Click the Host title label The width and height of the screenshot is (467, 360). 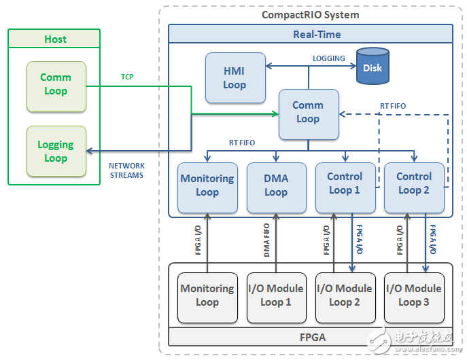pyautogui.click(x=55, y=39)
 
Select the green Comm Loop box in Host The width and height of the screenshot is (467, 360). pyautogui.click(x=56, y=85)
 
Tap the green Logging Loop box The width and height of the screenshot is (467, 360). pyautogui.click(x=56, y=151)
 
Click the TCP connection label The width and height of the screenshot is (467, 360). pyautogui.click(x=126, y=77)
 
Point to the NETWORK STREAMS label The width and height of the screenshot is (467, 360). pyautogui.click(x=126, y=170)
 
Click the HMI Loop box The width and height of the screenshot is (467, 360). pyautogui.click(x=235, y=78)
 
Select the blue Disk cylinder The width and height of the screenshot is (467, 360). pyautogui.click(x=372, y=67)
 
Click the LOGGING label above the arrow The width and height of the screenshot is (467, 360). pyautogui.click(x=328, y=59)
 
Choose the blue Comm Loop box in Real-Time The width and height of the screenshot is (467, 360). pyautogui.click(x=308, y=112)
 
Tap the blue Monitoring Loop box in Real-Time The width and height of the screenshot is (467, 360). pyautogui.click(x=207, y=185)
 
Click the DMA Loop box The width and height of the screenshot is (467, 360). pyautogui.click(x=276, y=185)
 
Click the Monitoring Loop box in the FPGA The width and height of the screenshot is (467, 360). pyautogui.click(x=207, y=295)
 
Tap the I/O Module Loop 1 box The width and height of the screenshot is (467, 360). pyautogui.click(x=276, y=295)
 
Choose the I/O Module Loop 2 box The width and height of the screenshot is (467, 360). pyautogui.click(x=345, y=295)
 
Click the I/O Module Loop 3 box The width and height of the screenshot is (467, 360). pyautogui.click(x=413, y=295)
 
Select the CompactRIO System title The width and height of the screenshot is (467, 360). pyautogui.click(x=310, y=15)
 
